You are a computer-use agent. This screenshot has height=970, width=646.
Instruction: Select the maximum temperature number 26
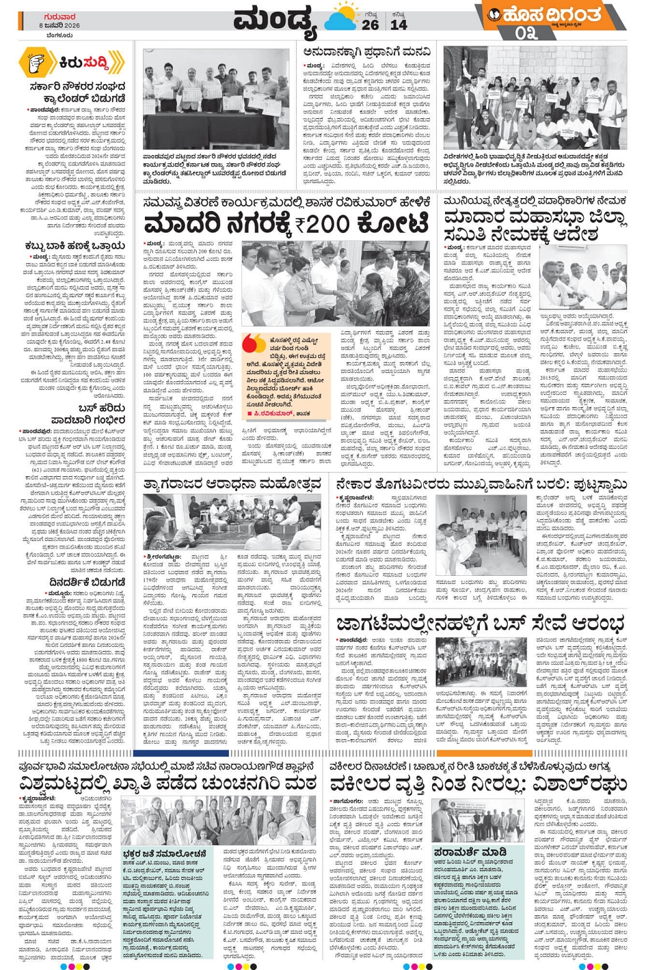coord(371,25)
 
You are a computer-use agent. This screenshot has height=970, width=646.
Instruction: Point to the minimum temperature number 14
coord(399,25)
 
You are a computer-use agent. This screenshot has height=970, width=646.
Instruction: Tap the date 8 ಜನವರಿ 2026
coord(59,25)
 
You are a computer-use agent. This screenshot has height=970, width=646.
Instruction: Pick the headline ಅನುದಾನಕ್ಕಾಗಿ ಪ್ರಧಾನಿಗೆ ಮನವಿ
coord(366,52)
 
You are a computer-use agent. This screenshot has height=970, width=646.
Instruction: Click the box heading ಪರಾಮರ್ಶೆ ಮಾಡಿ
coord(470,852)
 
